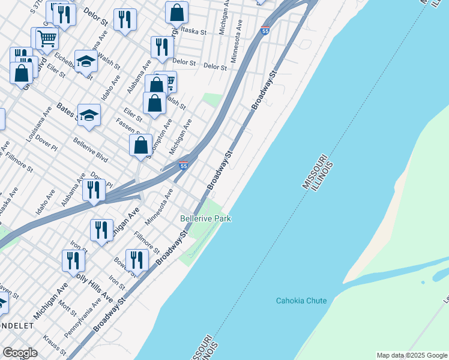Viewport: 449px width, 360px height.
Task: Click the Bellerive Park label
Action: [206, 219]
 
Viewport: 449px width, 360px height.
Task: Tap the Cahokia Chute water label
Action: [301, 301]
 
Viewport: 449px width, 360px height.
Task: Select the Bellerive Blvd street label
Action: [90, 150]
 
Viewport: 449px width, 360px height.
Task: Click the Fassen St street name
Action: [128, 127]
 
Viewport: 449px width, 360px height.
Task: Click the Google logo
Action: [20, 353]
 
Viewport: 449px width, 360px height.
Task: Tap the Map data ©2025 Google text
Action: [412, 355]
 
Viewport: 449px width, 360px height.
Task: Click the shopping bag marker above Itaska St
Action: [176, 11]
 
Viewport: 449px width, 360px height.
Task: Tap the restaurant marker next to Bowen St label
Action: [137, 260]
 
